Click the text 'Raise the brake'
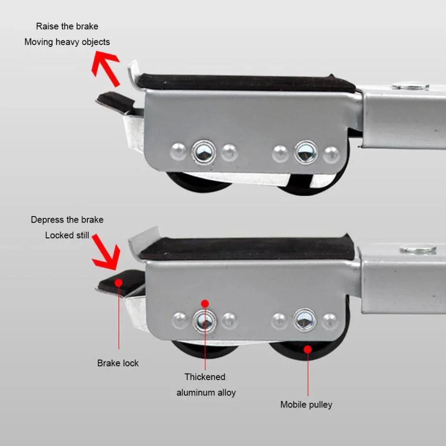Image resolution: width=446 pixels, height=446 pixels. [67, 26]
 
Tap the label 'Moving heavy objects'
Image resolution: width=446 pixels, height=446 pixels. [67, 42]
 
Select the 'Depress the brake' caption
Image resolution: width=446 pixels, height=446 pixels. [67, 220]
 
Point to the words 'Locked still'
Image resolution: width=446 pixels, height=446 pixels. [67, 235]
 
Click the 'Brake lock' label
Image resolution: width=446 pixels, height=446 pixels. [118, 363]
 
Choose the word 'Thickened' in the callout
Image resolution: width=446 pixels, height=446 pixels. [205, 377]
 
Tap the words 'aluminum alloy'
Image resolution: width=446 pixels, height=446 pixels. [206, 393]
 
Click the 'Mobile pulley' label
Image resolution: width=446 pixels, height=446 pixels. [306, 405]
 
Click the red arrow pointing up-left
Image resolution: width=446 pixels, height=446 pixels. [105, 69]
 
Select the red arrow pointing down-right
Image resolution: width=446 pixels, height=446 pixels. [106, 252]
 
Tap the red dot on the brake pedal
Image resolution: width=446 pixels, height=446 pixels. [118, 283]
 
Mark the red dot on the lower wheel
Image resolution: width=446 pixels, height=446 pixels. [308, 349]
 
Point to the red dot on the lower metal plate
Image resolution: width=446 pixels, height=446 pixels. [205, 304]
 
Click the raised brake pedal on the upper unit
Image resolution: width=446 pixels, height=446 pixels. [116, 102]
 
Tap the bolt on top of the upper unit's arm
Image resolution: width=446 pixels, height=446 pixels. [410, 85]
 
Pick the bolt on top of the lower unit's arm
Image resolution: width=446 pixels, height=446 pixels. [418, 250]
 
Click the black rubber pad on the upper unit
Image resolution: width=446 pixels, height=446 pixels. [246, 83]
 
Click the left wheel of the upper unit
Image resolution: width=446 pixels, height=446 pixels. [199, 182]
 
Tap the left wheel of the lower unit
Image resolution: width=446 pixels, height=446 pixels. [205, 350]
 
